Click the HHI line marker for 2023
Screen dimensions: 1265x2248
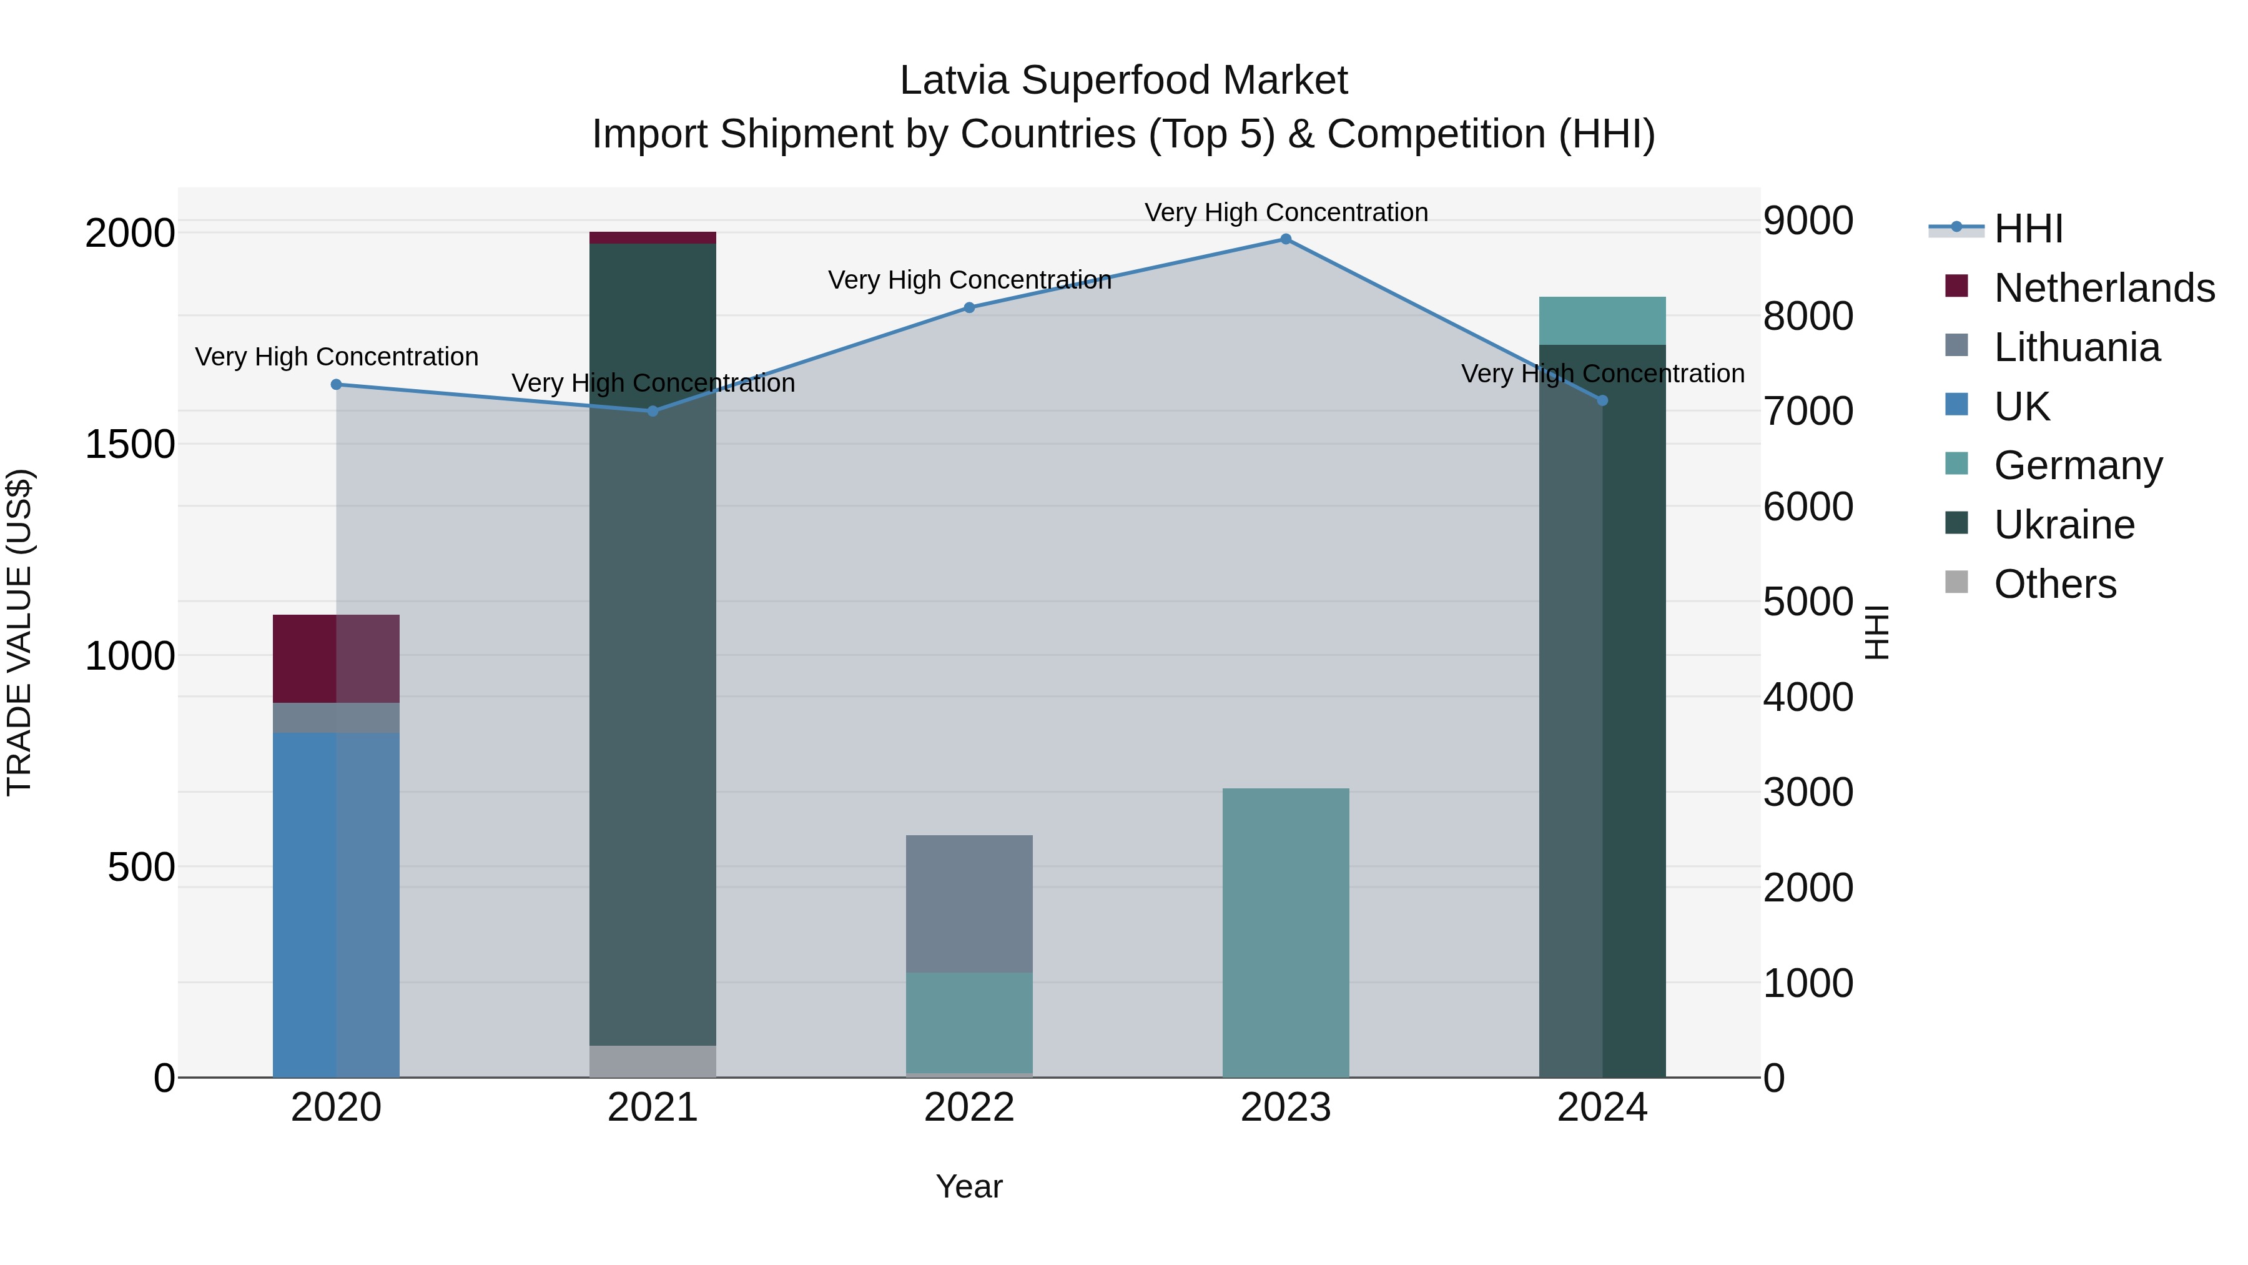(x=1286, y=239)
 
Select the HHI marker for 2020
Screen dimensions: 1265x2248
(x=336, y=384)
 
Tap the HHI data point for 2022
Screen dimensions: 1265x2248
(x=969, y=307)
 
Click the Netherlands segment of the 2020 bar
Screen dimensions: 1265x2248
(x=336, y=658)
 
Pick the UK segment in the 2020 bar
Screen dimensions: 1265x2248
(x=336, y=903)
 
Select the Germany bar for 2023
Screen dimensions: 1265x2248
(x=1286, y=933)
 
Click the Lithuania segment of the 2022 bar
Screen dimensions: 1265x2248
(x=969, y=903)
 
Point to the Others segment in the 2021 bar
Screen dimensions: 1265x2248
(x=653, y=1061)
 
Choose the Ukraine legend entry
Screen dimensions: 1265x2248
(x=2064, y=525)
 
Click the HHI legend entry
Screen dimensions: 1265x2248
(x=2028, y=229)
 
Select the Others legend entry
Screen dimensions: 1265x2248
(x=2054, y=584)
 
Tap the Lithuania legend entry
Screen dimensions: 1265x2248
(x=2076, y=347)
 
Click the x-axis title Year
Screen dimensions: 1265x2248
(x=969, y=1186)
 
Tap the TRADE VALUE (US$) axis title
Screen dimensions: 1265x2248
(x=20, y=632)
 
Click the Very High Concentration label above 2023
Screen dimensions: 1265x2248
(x=1286, y=212)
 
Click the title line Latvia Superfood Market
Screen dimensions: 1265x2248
(x=1123, y=81)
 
